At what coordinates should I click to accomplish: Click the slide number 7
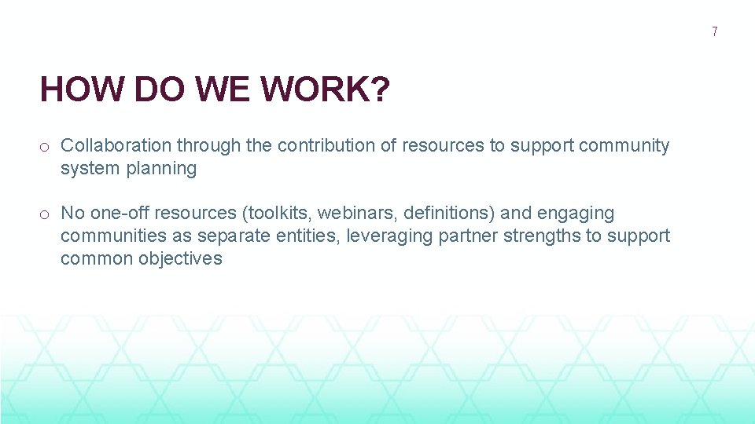tap(714, 32)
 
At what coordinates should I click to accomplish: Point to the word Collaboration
tap(116, 145)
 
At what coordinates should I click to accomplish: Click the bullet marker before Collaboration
tap(46, 146)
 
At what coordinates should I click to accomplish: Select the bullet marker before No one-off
tap(46, 214)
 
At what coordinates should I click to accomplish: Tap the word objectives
tap(180, 258)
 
